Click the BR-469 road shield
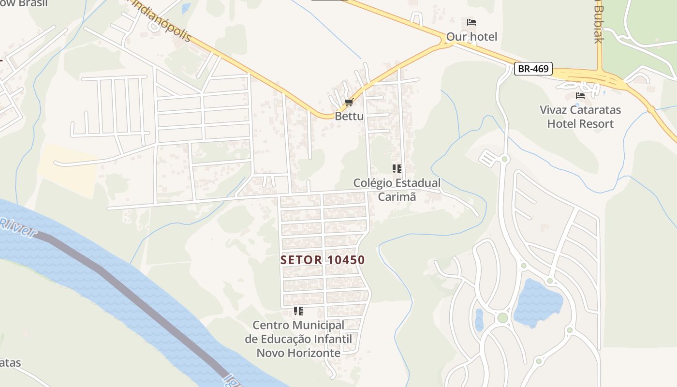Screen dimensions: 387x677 click(533, 69)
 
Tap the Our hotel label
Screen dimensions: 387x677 click(471, 37)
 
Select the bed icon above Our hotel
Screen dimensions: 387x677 click(471, 22)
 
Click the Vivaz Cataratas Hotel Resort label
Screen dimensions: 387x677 click(580, 117)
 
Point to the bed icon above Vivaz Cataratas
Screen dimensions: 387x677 click(580, 96)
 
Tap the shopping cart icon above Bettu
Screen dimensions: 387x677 click(349, 103)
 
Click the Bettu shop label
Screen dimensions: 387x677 click(349, 116)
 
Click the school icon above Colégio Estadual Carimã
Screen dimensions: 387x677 click(397, 169)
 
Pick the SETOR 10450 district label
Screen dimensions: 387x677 click(323, 260)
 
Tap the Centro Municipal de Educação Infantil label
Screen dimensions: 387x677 click(298, 339)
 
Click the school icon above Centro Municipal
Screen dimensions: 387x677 click(298, 311)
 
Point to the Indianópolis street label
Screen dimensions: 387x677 click(162, 20)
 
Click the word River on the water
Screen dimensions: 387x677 click(18, 227)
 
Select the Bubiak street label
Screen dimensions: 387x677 click(599, 24)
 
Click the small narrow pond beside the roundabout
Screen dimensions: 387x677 click(479, 320)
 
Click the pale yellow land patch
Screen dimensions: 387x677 click(68, 169)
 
